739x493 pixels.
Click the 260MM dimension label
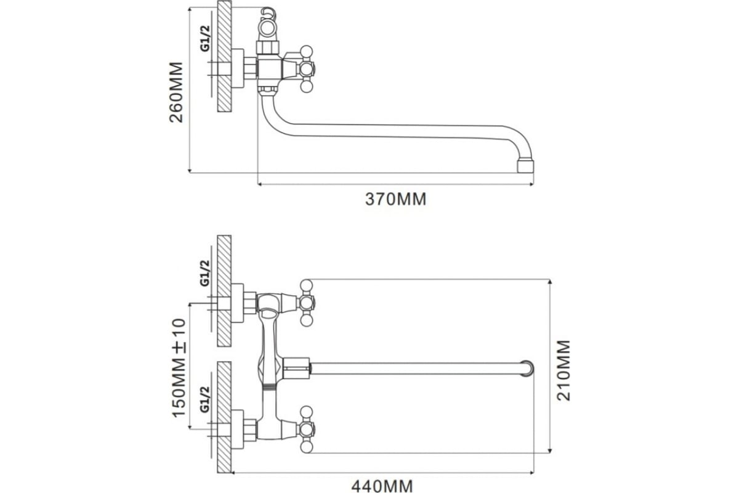176,92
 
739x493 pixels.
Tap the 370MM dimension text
395,199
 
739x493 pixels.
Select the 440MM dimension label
382,486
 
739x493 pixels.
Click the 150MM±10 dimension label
179,368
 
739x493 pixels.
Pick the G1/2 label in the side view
205,39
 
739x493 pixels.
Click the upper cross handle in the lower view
306,303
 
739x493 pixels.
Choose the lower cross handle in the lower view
306,430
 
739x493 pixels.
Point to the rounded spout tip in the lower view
528,369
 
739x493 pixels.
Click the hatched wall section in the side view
224,56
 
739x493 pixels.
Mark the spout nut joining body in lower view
296,368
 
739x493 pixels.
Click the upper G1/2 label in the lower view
205,273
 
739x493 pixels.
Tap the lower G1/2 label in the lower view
205,399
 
